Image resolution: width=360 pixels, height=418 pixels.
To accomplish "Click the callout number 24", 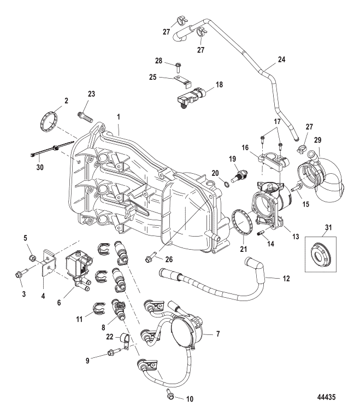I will pyautogui.click(x=281, y=58).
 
